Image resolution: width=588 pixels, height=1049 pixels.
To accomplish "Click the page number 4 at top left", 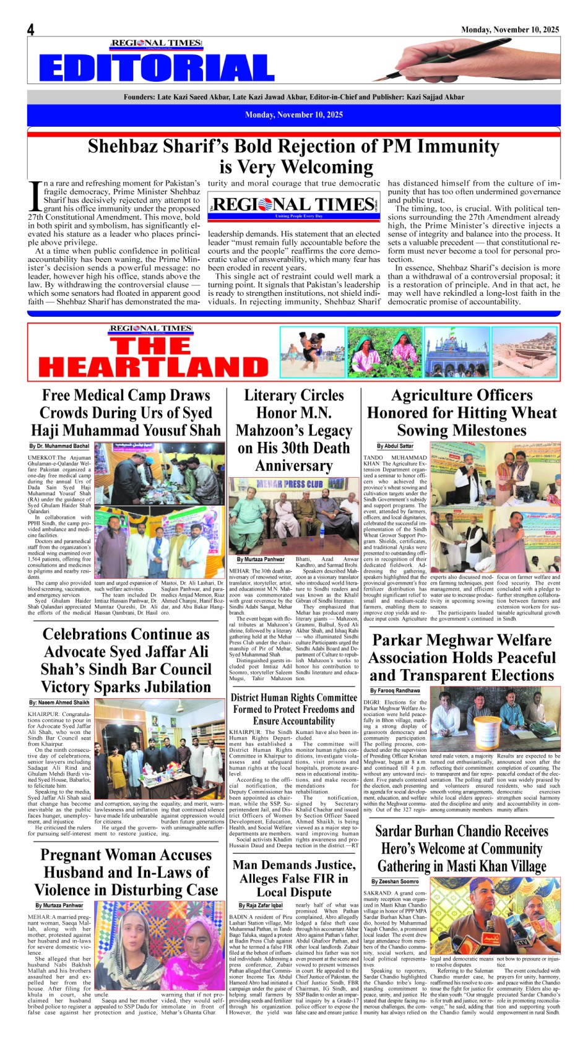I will tap(30, 30).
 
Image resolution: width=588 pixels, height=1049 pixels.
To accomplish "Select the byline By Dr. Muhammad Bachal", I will tap(59, 446).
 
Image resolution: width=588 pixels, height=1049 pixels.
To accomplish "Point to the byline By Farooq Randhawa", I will tap(395, 691).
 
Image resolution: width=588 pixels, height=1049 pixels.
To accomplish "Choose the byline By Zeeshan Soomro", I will tap(395, 881).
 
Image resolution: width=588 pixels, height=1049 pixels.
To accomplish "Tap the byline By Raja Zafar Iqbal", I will tap(261, 905).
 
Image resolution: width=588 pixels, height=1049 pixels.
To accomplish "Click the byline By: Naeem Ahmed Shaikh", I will tap(59, 703).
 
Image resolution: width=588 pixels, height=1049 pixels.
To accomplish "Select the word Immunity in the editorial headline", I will tap(457, 146).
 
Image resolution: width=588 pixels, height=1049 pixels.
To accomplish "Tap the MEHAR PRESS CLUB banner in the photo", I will tap(290, 485).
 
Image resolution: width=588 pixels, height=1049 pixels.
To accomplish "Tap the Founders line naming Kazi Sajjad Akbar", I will tap(293, 97).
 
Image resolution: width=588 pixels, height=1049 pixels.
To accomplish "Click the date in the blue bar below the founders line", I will tap(293, 114).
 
